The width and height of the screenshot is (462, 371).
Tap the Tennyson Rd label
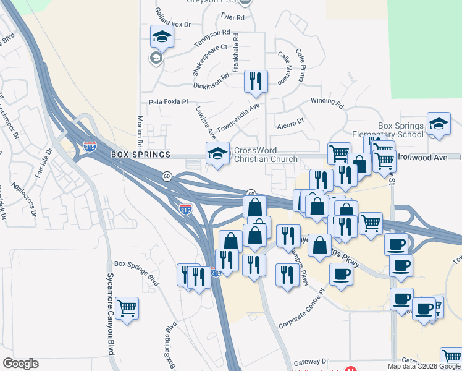[212, 39]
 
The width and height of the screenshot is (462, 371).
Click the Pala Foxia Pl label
[168, 102]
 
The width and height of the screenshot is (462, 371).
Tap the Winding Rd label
[322, 100]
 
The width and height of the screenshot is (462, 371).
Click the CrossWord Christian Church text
[265, 155]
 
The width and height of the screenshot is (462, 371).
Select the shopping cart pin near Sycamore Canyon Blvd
[127, 307]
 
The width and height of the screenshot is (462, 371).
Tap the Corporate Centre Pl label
[301, 316]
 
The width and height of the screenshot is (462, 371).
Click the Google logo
[20, 364]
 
